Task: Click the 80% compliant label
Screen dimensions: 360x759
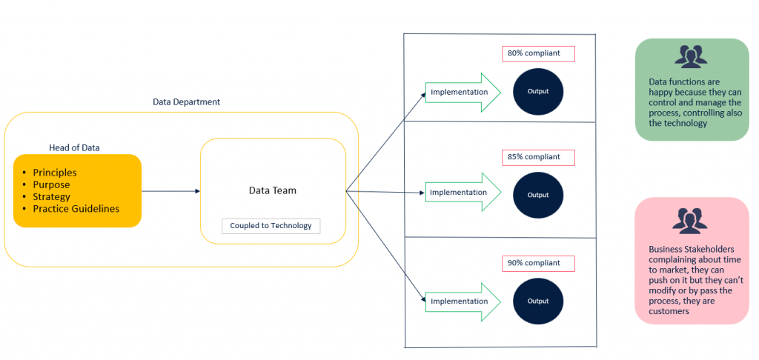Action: point(538,54)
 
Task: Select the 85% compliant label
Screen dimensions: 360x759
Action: point(538,157)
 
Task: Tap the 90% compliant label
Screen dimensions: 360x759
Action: point(538,263)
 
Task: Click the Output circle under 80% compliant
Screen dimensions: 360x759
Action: point(538,91)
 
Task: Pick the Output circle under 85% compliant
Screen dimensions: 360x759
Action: point(538,195)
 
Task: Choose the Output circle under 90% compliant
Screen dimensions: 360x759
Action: point(538,301)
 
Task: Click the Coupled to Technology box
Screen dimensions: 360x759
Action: point(271,225)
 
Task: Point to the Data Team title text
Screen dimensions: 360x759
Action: point(272,190)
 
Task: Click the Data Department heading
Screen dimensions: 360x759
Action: point(186,102)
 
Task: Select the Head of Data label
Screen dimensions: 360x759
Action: point(74,147)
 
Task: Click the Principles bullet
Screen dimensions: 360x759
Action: point(55,173)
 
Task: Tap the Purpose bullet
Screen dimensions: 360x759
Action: point(51,184)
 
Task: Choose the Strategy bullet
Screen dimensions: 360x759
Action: point(51,196)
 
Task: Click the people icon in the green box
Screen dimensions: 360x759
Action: point(691,56)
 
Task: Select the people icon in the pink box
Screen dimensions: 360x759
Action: point(691,220)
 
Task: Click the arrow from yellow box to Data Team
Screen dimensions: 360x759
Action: point(170,191)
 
